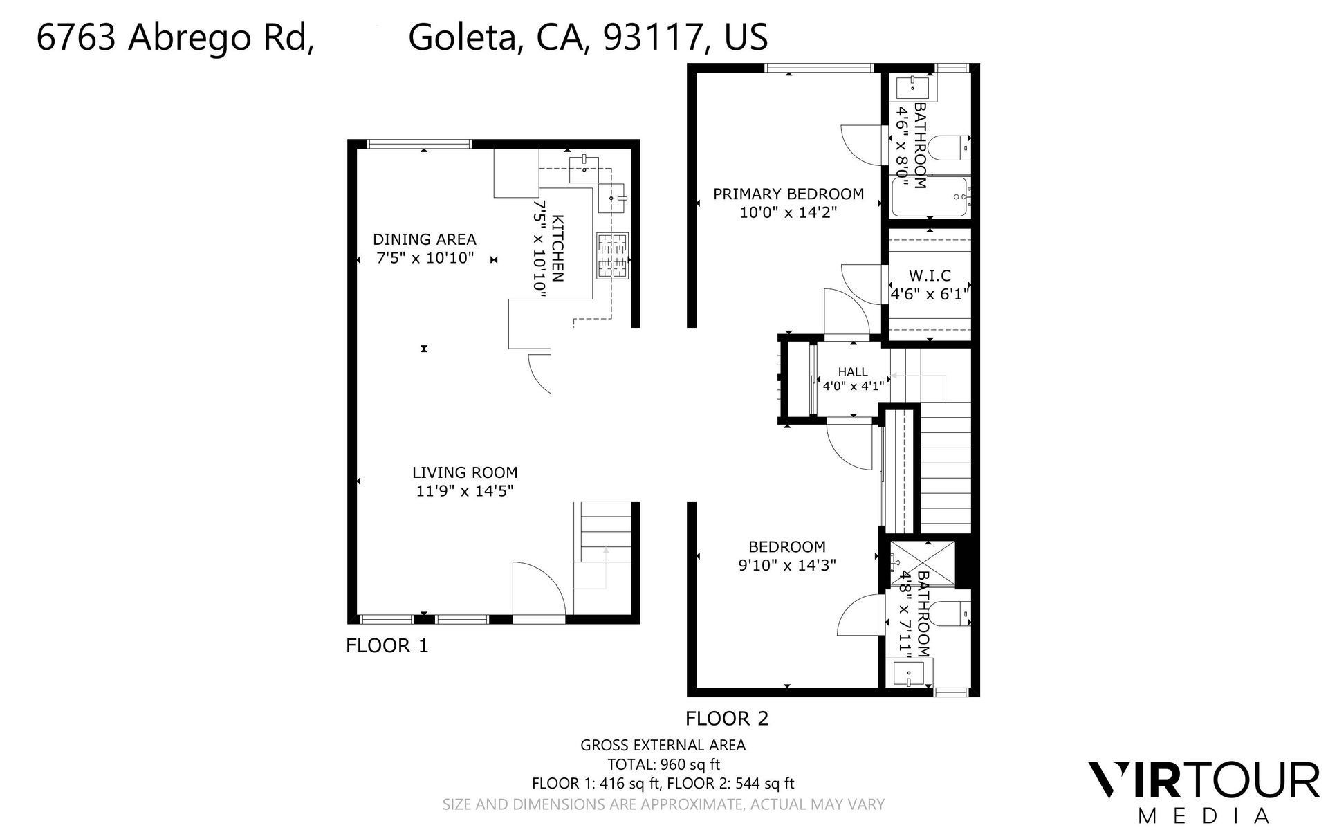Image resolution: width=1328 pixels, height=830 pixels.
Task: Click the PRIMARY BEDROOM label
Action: tap(788, 194)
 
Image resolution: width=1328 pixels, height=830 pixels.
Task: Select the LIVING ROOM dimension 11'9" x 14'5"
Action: tap(465, 491)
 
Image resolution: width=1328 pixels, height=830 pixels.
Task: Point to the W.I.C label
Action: tap(930, 275)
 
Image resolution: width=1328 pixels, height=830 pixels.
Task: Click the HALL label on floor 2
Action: tap(852, 372)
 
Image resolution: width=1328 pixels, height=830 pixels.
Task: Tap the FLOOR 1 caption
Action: tap(387, 646)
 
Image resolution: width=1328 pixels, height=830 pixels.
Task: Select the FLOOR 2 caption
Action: tap(727, 719)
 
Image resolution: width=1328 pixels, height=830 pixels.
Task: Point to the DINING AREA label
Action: tap(425, 239)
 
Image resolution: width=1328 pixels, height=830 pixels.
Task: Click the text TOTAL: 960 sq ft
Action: tap(663, 764)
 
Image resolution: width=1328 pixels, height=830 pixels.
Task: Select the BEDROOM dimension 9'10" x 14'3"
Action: tap(787, 565)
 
